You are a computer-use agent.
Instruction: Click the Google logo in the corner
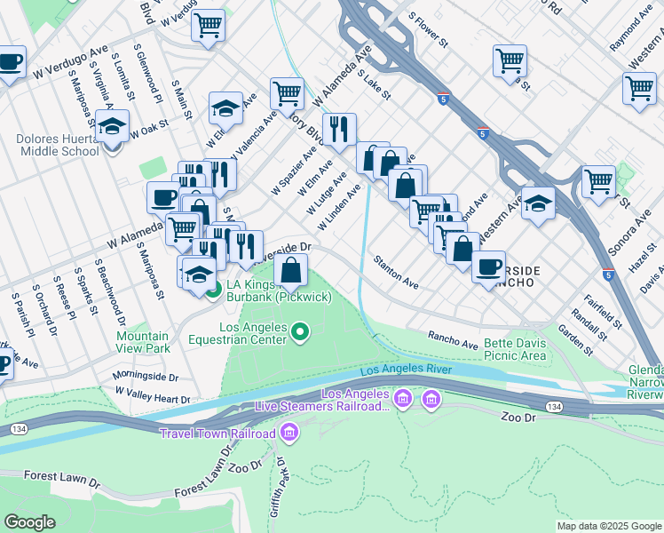point(31,522)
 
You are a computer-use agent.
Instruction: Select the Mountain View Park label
point(142,343)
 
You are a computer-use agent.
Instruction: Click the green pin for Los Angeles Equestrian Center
point(301,333)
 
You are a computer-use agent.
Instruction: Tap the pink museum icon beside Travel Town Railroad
point(288,433)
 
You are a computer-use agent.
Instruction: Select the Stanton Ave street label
point(396,272)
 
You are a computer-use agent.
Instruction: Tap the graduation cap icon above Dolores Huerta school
point(112,126)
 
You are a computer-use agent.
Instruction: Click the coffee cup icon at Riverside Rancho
point(487,266)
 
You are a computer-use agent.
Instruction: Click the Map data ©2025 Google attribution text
point(609,526)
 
